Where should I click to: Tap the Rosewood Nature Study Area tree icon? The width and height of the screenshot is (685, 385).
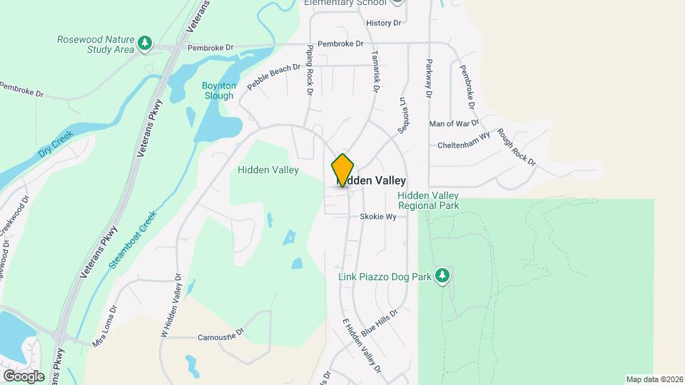146,43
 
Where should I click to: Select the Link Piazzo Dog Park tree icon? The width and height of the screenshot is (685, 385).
442,275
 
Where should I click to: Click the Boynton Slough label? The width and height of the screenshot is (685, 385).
218,91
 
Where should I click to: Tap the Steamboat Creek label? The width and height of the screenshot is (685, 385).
133,240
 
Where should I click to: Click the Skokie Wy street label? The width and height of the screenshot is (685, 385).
377,217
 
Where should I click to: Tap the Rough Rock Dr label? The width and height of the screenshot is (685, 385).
517,148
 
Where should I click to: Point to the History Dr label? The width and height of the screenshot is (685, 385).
383,24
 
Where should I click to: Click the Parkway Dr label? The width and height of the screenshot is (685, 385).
430,78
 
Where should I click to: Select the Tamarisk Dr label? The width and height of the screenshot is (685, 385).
375,71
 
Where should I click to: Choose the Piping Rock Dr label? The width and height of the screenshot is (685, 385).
310,70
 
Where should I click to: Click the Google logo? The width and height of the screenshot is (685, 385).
24,376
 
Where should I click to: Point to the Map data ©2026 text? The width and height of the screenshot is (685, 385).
654,379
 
